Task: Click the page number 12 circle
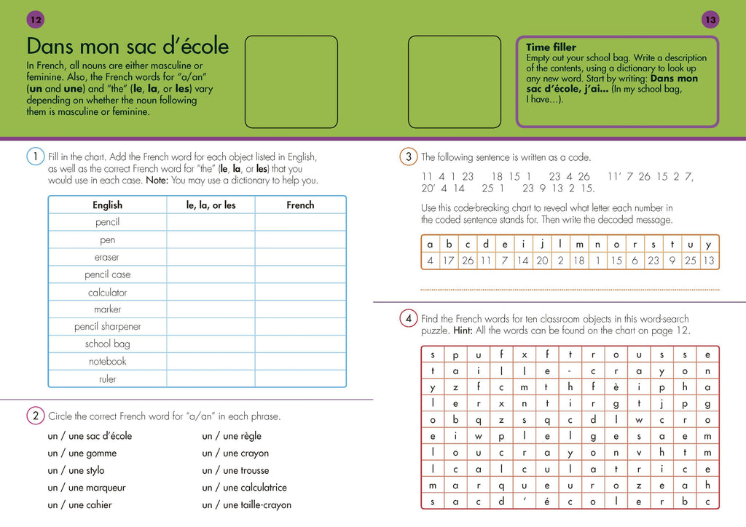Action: tap(35, 20)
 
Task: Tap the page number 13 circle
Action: tap(710, 20)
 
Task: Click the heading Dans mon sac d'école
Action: tap(127, 47)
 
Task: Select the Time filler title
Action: tap(551, 47)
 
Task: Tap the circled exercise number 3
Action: tap(408, 156)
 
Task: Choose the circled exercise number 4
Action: tap(408, 318)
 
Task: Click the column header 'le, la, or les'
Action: tap(211, 205)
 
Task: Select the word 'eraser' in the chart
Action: tap(107, 257)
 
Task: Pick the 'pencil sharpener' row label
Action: tap(107, 327)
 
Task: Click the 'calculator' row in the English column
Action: tap(107, 292)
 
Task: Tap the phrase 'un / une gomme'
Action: tap(82, 453)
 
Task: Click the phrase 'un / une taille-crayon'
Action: tap(246, 505)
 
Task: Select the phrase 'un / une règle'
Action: tap(232, 436)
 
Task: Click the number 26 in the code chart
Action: tap(467, 261)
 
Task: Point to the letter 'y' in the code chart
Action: tap(708, 245)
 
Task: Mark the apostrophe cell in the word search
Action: tap(524, 501)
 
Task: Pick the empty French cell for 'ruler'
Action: tap(300, 379)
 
